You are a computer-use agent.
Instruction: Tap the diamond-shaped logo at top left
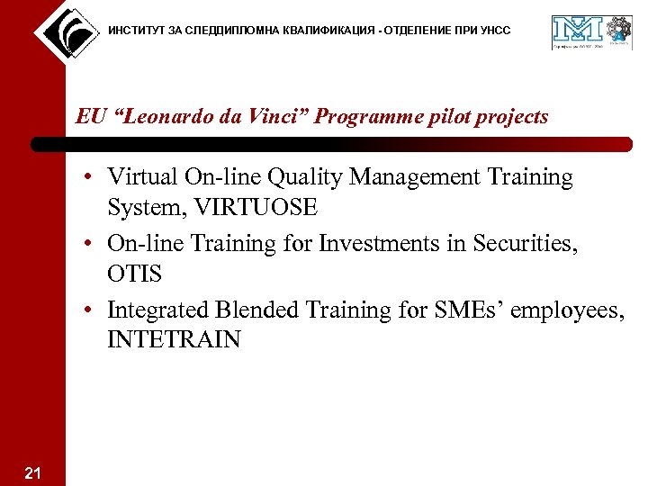tap(66, 31)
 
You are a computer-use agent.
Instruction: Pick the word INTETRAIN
tap(174, 340)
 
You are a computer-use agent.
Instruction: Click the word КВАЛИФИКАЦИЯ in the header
tap(315, 31)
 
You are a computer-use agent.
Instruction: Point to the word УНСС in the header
tap(494, 31)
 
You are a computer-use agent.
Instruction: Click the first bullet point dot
tap(92, 177)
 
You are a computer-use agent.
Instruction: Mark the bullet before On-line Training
tap(92, 244)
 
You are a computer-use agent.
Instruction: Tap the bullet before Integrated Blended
tap(92, 310)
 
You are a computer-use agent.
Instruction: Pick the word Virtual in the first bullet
tap(138, 176)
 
